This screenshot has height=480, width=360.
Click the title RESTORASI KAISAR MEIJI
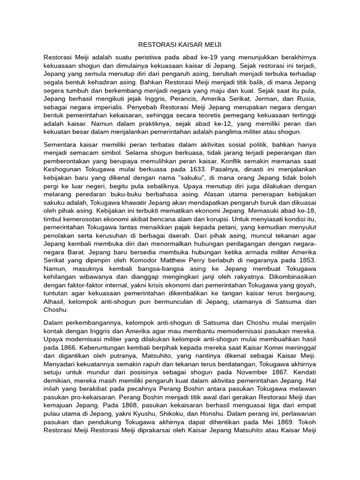point(180,45)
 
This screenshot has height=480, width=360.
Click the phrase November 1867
point(263,374)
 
